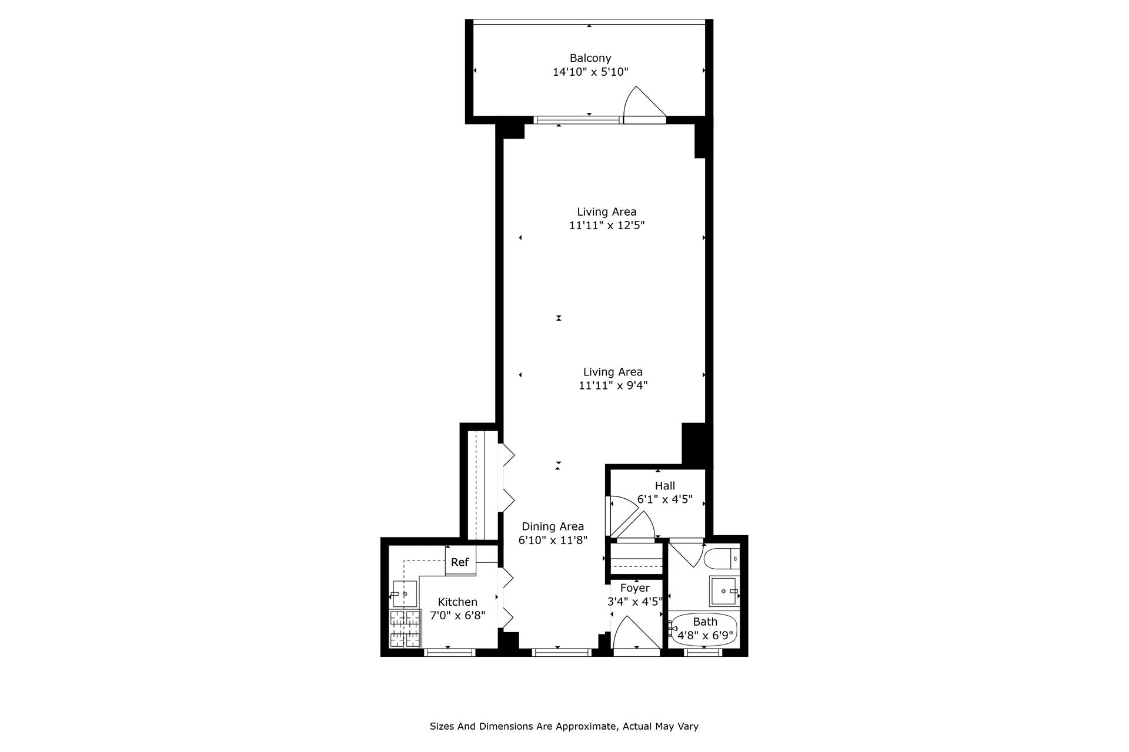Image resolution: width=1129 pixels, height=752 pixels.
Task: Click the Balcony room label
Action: (x=590, y=58)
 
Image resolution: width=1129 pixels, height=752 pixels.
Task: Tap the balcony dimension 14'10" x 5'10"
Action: (x=590, y=72)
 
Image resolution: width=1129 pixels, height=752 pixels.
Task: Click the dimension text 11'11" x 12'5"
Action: (x=607, y=226)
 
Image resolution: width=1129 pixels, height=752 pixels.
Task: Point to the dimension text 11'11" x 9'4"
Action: (x=613, y=386)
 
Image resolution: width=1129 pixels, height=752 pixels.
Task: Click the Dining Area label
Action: (x=553, y=526)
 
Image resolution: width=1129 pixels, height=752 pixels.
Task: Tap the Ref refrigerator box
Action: (x=460, y=562)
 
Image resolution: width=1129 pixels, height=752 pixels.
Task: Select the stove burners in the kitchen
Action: (x=405, y=629)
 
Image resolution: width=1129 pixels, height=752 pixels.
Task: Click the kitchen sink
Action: (x=405, y=594)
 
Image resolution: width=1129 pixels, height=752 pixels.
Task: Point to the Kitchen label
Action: (x=457, y=602)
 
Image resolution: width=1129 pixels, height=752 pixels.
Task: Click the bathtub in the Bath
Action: (x=704, y=630)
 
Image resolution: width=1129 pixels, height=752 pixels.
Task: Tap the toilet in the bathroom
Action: (x=721, y=558)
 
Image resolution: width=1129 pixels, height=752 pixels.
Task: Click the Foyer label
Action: (x=635, y=588)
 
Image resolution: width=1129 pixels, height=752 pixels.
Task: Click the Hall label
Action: (x=665, y=486)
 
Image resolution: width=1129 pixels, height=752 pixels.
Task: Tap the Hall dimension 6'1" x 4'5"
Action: (x=665, y=500)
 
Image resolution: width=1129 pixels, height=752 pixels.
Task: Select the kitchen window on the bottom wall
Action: (x=449, y=652)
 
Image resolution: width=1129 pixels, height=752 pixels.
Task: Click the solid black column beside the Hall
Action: (x=694, y=444)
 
